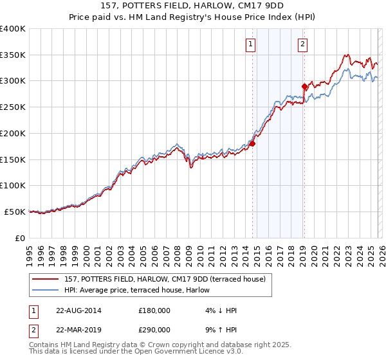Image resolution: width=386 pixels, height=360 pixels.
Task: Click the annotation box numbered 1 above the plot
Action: (x=250, y=44)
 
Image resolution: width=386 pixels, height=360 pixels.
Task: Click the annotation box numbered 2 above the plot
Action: (x=302, y=44)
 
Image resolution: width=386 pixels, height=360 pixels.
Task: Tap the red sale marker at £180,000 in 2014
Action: (x=253, y=143)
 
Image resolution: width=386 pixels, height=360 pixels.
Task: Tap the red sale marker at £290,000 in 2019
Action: (x=304, y=85)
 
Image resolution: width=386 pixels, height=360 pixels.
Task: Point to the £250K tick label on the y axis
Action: (x=13, y=107)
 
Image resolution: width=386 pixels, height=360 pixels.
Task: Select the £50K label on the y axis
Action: (x=15, y=212)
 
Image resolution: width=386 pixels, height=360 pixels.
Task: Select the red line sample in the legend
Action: (x=46, y=278)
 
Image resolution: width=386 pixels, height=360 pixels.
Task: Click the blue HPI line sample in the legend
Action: (x=46, y=289)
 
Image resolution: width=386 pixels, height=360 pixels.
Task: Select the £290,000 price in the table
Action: (x=154, y=329)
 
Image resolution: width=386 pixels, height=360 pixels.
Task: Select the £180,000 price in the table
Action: (x=154, y=310)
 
